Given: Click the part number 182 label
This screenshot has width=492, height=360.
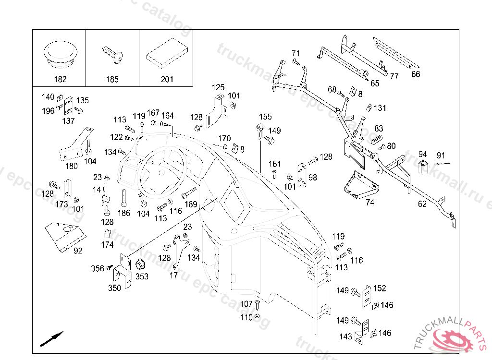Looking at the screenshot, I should coord(60,79).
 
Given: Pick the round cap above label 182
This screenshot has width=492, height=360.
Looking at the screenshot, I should coord(60,52).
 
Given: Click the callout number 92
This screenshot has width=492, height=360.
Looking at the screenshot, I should coord(78,250).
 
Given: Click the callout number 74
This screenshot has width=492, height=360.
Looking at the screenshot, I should coord(369,202).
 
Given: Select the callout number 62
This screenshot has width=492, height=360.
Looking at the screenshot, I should coord(422,204).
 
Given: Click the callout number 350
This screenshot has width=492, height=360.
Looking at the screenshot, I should coord(114,288).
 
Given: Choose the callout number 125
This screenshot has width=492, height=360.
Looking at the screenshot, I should coord(218,87).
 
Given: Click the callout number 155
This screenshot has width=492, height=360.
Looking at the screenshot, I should coord(265,117).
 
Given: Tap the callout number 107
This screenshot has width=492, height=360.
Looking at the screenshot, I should coord(246,304).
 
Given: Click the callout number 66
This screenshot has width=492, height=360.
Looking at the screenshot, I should coord(416,74).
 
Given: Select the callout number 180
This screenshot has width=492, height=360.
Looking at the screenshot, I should coord(71,166).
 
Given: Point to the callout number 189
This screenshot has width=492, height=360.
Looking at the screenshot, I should coord(191,204).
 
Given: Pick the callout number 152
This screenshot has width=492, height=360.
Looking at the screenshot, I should coord(380,288).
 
